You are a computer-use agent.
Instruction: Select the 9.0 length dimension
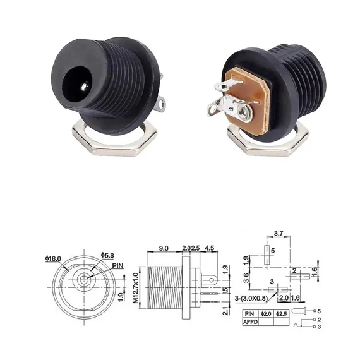[x=164, y=248]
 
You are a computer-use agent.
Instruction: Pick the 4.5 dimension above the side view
[x=209, y=248]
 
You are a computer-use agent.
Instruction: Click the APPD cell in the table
[x=251, y=321]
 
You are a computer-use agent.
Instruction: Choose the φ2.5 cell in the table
[x=281, y=313]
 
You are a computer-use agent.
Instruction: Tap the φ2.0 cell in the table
[x=267, y=313]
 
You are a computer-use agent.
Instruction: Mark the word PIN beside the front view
[x=119, y=266]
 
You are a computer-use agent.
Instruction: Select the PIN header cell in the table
[x=251, y=313]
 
